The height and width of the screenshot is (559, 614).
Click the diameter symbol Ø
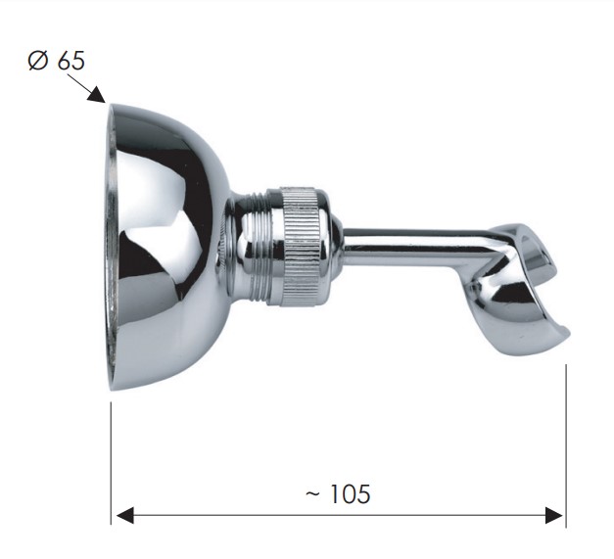[38, 61]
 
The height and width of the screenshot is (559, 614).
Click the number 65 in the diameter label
[71, 61]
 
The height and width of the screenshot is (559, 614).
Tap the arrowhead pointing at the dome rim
[96, 95]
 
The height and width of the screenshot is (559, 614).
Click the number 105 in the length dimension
[350, 493]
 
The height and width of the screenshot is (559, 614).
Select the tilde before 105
[312, 493]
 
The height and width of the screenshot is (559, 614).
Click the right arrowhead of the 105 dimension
[554, 515]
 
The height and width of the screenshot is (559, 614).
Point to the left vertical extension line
[112, 463]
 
